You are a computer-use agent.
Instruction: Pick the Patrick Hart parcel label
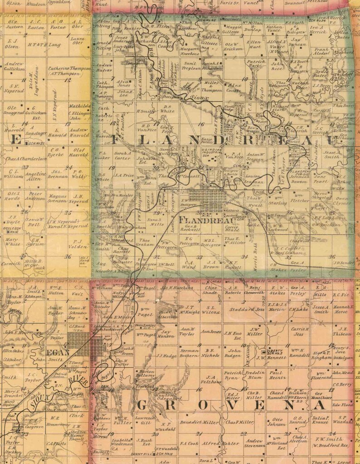(x=256, y=63)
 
